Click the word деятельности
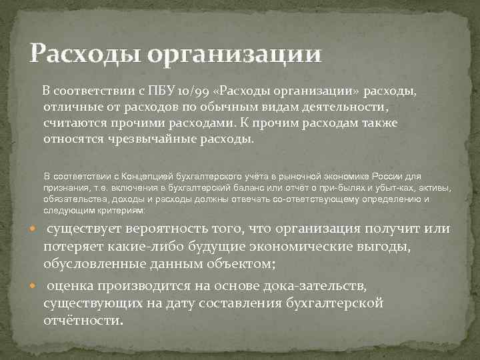pos(343,107)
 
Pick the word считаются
pos(75,123)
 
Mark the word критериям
pos(119,210)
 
